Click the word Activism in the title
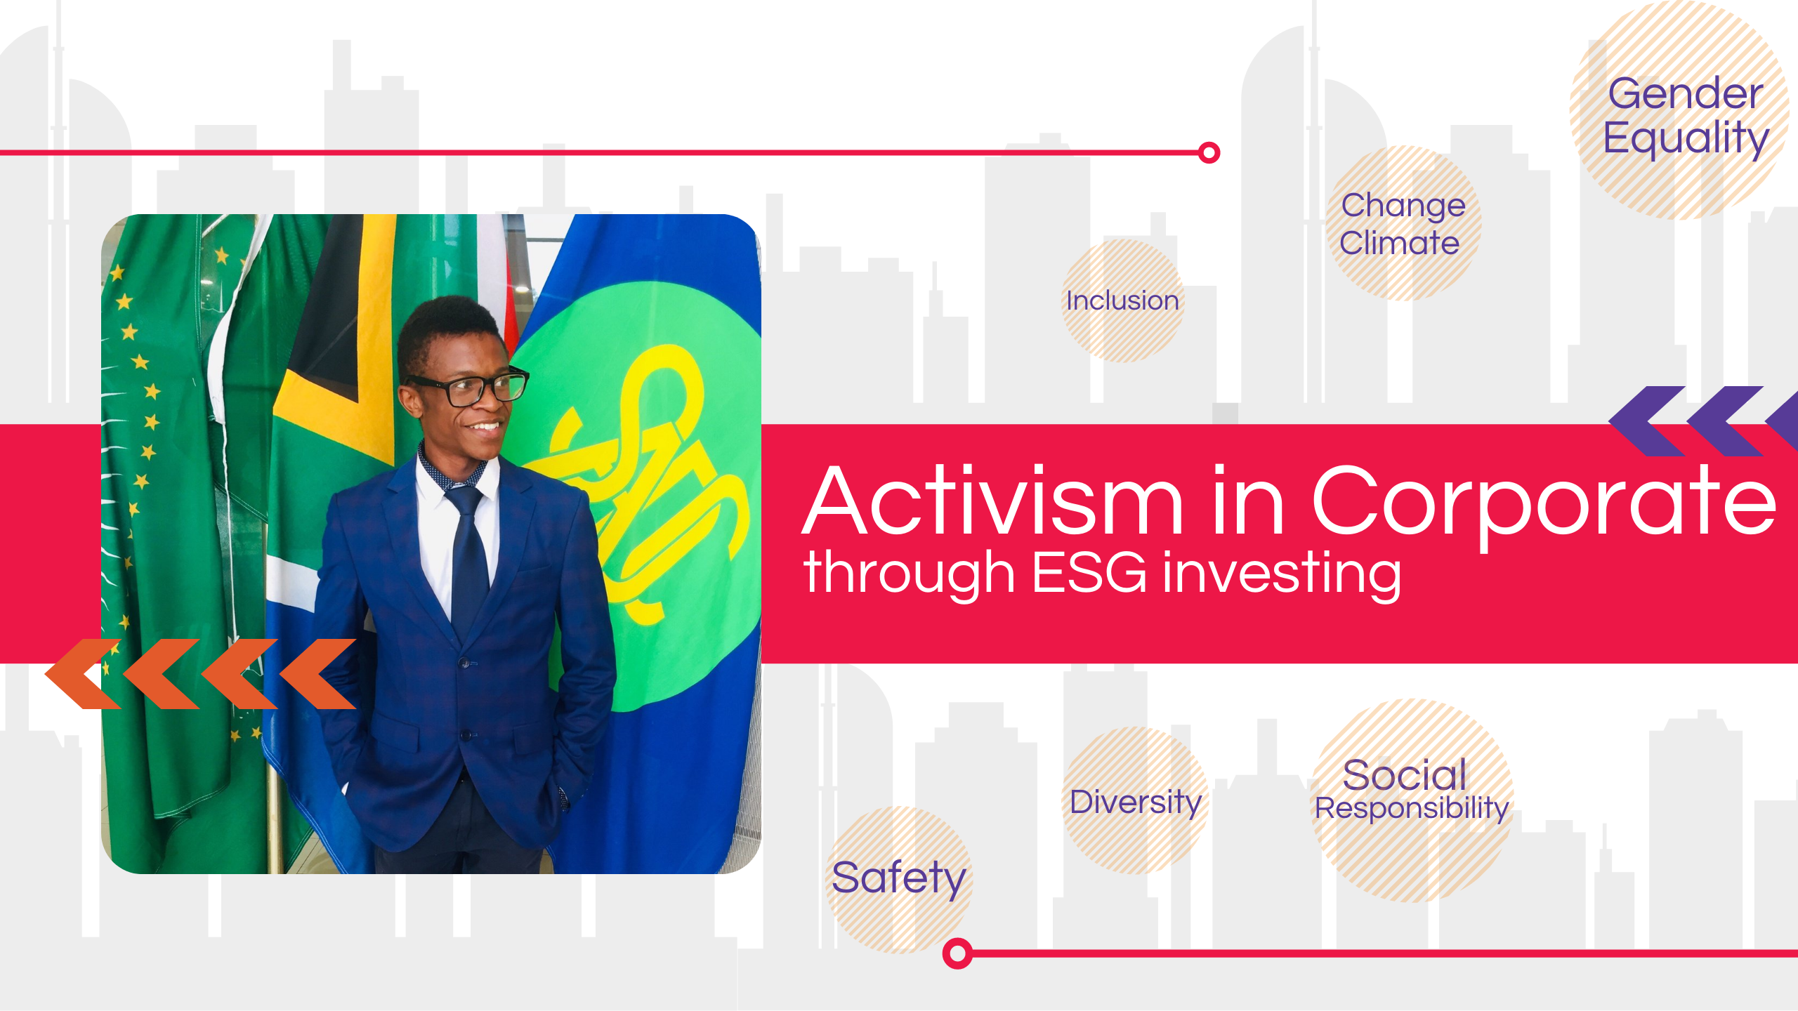point(993,500)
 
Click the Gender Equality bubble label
point(1686,117)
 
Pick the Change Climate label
point(1402,224)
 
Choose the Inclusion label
point(1122,300)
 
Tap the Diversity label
point(1136,802)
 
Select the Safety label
point(899,879)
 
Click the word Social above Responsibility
point(1404,775)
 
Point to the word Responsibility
point(1412,809)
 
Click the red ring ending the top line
point(1209,152)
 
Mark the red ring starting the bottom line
point(957,953)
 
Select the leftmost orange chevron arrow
point(84,674)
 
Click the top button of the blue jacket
point(464,662)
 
